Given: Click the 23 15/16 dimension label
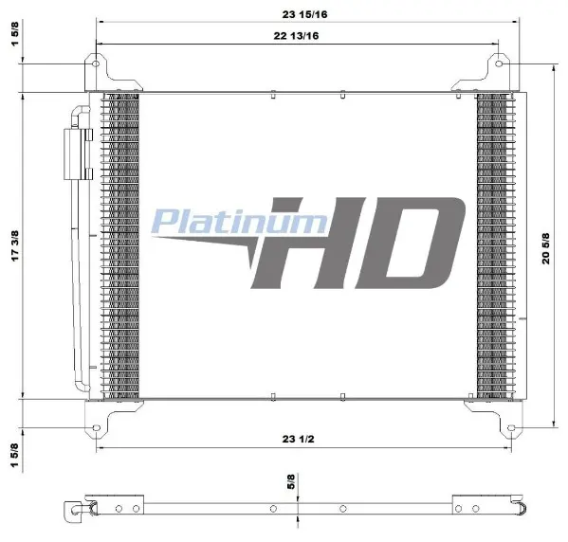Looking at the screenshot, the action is coord(304,14).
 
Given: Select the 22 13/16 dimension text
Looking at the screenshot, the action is coord(296,36).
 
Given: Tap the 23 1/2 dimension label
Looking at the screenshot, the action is coord(298,439).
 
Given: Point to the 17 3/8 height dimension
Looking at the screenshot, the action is coord(15,245).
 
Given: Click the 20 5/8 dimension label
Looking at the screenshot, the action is coord(545,248).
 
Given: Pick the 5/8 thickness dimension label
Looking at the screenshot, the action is coord(291,481).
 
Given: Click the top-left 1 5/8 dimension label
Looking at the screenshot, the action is coord(15,34).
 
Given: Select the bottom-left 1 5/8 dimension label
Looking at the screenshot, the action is coord(14,455).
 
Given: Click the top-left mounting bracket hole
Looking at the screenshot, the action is coord(96,63).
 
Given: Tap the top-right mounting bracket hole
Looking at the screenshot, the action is coord(499,63).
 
